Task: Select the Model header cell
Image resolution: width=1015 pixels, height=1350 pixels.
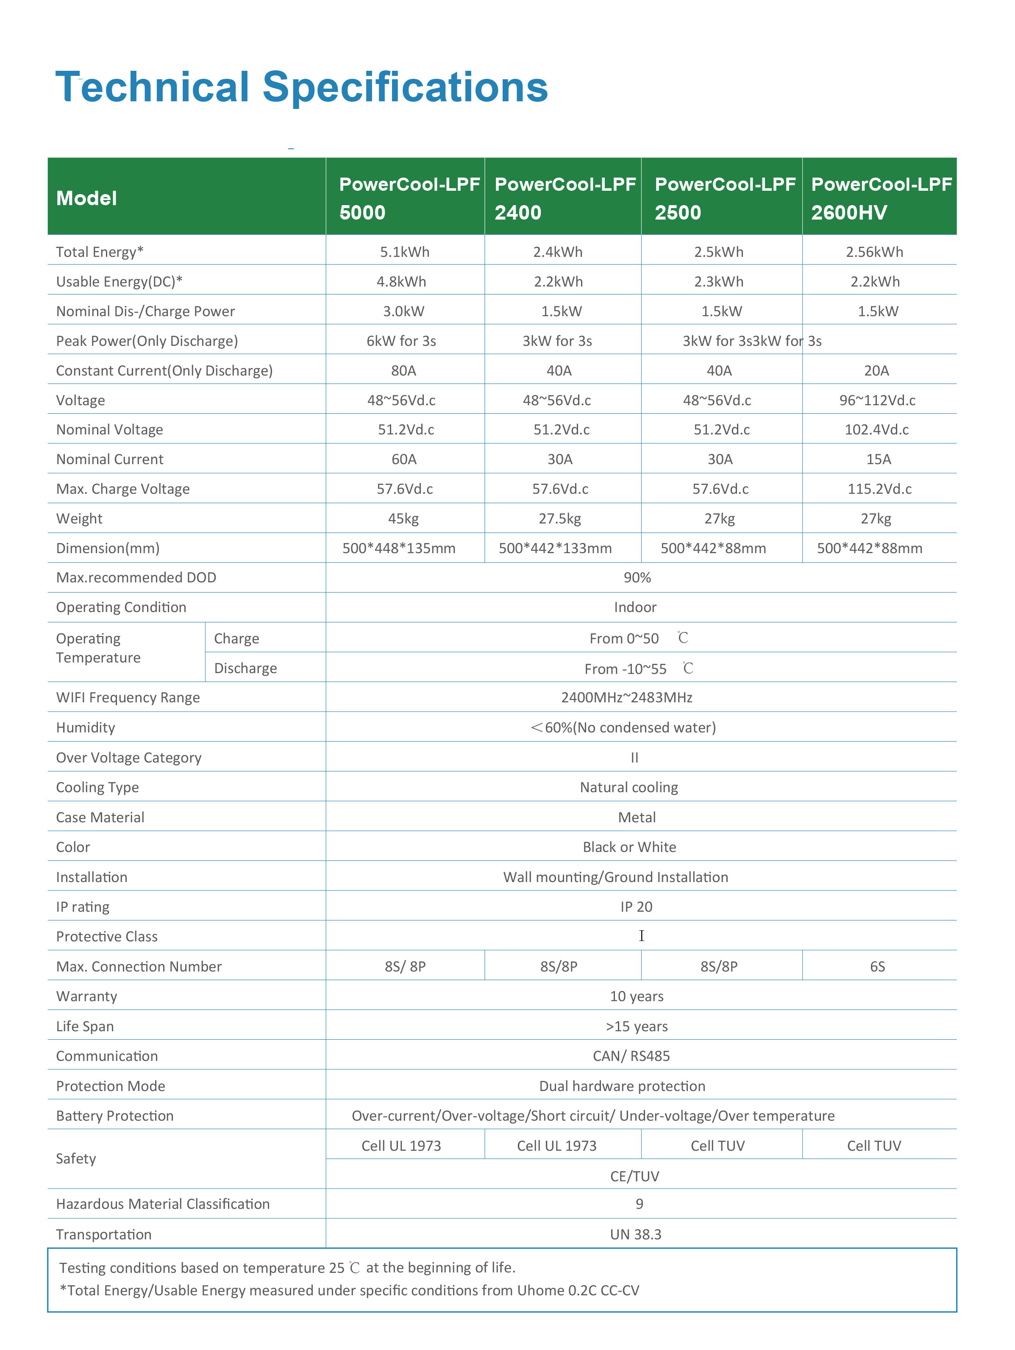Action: click(87, 198)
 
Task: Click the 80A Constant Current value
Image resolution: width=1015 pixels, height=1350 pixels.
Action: click(403, 370)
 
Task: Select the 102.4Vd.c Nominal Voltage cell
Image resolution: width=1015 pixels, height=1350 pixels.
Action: click(876, 430)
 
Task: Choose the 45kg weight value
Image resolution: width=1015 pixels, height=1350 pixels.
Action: click(403, 519)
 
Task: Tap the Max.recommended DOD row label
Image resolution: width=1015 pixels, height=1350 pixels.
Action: click(136, 577)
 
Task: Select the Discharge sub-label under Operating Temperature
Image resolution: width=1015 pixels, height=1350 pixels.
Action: click(245, 668)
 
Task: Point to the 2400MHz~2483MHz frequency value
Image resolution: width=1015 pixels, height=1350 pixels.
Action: click(627, 698)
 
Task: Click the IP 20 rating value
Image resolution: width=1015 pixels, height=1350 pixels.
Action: click(636, 907)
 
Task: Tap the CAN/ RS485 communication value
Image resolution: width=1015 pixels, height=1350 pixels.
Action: click(631, 1056)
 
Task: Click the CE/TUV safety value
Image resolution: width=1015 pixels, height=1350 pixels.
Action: click(635, 1176)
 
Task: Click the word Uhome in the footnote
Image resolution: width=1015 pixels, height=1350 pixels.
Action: click(540, 1290)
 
